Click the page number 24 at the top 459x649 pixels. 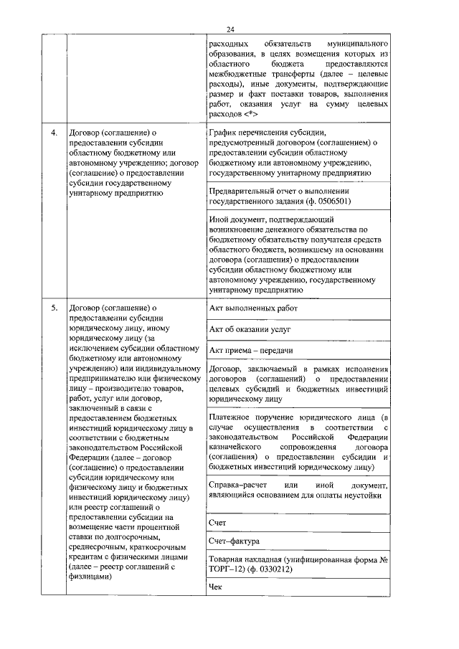229,29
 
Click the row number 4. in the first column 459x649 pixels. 54,133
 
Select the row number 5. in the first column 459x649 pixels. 54,308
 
